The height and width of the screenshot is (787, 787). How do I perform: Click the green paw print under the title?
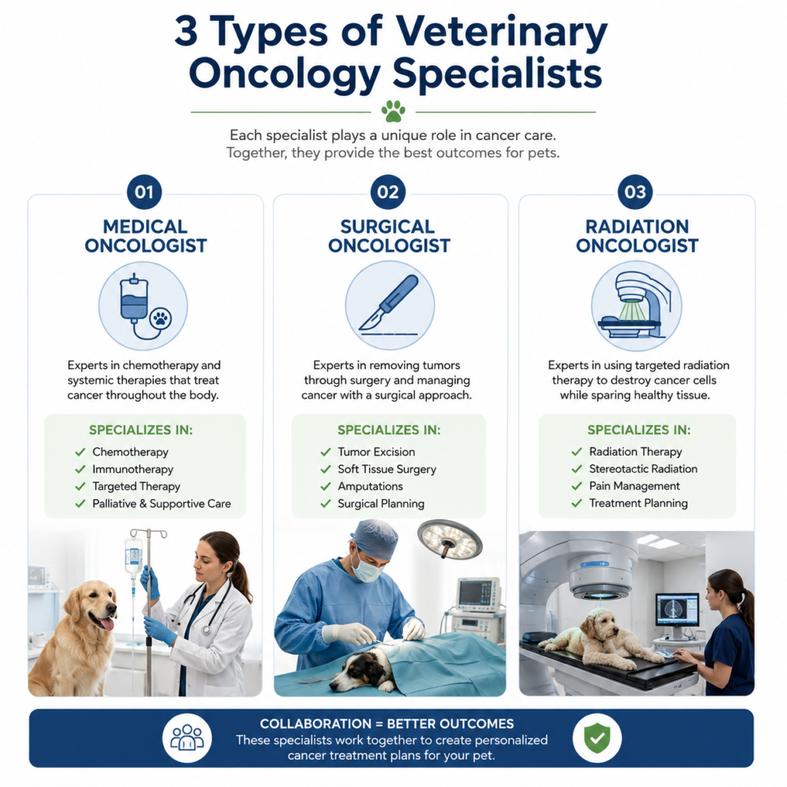[393, 111]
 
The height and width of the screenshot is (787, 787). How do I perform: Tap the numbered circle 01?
[144, 191]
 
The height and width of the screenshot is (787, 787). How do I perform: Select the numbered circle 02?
[388, 191]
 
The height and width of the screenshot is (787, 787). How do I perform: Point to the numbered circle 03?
[635, 191]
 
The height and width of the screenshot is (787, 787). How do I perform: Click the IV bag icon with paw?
[144, 306]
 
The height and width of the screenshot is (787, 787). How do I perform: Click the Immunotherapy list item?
[132, 470]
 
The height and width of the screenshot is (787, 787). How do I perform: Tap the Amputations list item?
[370, 486]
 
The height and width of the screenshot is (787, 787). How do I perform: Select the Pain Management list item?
[634, 486]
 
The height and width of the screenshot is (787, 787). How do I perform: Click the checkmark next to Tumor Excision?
[326, 452]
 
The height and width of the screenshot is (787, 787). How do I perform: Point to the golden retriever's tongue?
[107, 624]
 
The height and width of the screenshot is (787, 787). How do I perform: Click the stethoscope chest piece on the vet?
[206, 629]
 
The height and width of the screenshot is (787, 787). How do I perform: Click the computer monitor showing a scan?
[677, 609]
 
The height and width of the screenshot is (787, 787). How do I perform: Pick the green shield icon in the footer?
[597, 738]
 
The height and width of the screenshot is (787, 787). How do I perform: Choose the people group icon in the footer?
[188, 738]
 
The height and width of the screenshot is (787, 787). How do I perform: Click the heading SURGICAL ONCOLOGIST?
[388, 236]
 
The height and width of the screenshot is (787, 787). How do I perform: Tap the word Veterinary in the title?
[502, 31]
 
